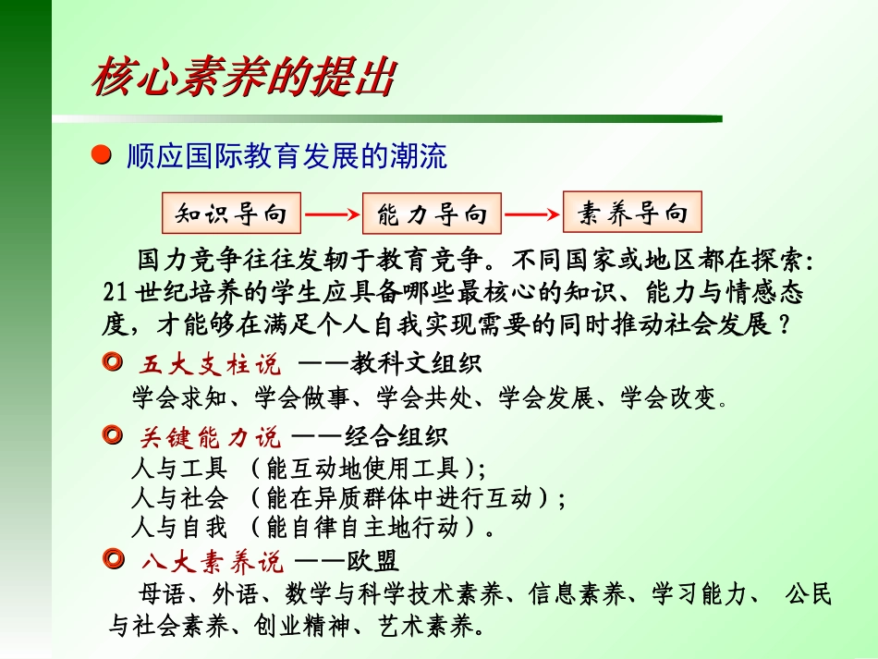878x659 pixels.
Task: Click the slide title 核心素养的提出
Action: [243, 79]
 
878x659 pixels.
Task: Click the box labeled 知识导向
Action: [231, 214]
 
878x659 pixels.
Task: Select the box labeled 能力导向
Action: [432, 215]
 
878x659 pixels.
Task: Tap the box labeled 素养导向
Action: [632, 214]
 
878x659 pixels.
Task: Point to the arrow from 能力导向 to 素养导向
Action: [531, 215]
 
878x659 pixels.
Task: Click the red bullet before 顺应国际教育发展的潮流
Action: [106, 156]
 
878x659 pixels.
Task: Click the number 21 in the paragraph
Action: [116, 294]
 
